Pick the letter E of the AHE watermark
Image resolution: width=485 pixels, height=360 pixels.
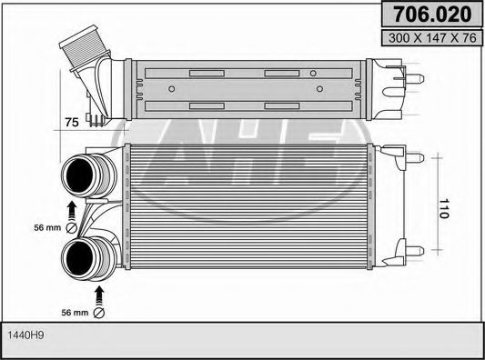(323, 150)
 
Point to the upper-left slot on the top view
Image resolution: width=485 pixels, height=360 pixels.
(206, 73)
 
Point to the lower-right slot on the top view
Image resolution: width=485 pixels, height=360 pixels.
(282, 106)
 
